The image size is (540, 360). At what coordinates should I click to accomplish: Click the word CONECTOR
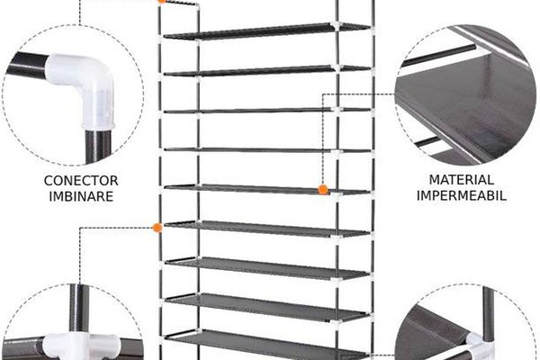click(81, 181)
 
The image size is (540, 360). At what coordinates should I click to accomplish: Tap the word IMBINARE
click(81, 196)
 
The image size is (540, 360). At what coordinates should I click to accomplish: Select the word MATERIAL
click(462, 179)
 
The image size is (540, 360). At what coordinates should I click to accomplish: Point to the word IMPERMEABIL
click(462, 195)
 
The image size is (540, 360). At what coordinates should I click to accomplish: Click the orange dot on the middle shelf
click(323, 190)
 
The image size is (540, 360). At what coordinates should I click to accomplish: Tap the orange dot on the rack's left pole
click(157, 228)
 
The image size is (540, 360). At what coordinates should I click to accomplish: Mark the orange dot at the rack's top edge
click(161, 1)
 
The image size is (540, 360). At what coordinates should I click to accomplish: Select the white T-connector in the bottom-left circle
click(82, 346)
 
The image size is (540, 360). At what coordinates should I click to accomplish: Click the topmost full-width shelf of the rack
click(267, 31)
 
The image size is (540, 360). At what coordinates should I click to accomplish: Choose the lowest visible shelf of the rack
click(267, 345)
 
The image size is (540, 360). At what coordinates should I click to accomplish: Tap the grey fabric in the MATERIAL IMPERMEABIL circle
click(465, 103)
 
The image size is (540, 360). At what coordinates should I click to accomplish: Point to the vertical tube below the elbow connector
click(98, 146)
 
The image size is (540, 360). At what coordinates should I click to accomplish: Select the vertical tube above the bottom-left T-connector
click(79, 309)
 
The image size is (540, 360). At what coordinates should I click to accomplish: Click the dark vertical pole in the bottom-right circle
click(488, 310)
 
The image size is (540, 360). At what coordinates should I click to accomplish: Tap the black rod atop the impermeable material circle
click(439, 55)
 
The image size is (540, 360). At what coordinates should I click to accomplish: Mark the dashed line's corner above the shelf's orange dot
click(323, 94)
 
